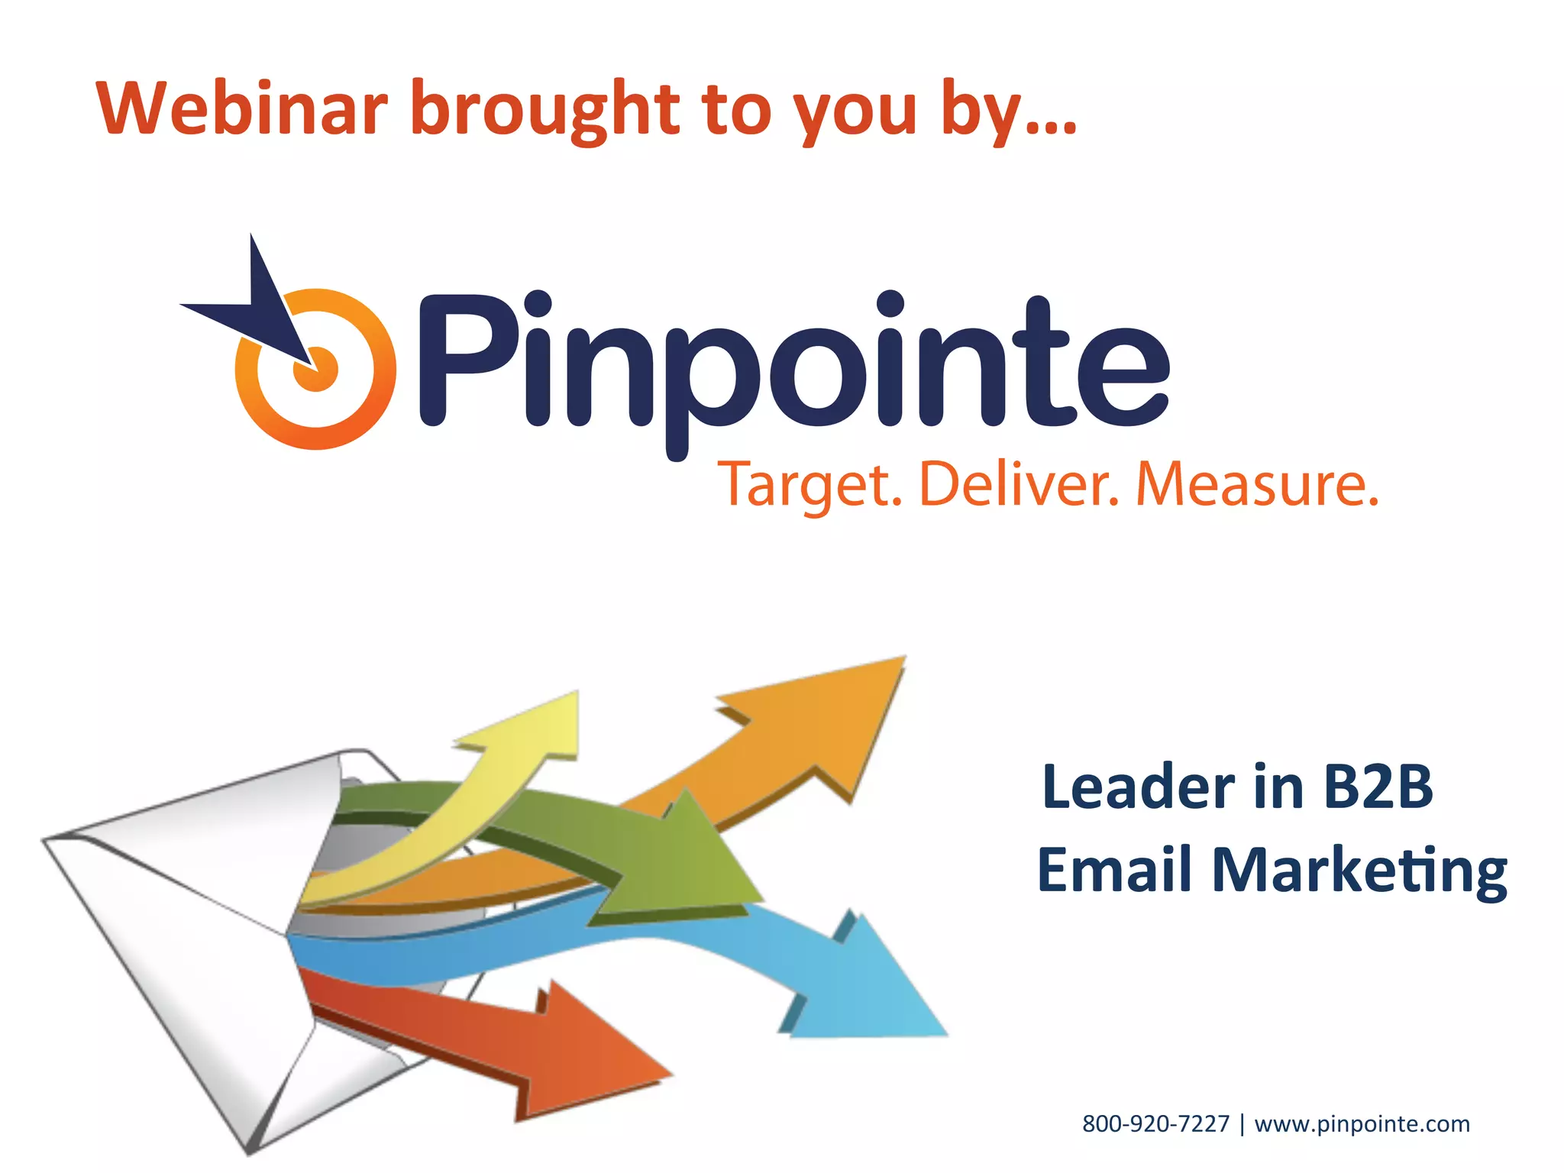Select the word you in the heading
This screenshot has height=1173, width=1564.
pyautogui.click(x=855, y=113)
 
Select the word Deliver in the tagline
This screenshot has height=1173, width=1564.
pyautogui.click(x=1019, y=484)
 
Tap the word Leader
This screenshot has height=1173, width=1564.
pyautogui.click(x=1139, y=787)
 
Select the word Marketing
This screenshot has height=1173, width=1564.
pyautogui.click(x=1359, y=871)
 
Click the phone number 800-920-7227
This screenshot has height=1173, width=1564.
pyautogui.click(x=1155, y=1124)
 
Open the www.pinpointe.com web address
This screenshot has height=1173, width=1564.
pyautogui.click(x=1362, y=1124)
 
